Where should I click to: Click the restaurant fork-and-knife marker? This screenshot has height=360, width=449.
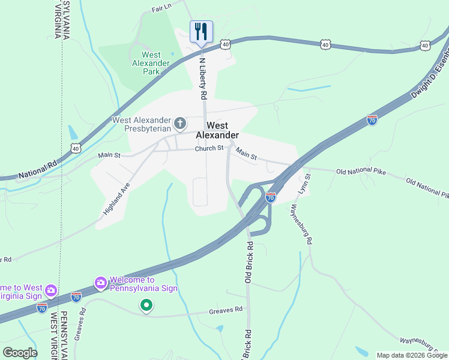click(x=200, y=32)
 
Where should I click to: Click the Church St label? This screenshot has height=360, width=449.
click(x=209, y=148)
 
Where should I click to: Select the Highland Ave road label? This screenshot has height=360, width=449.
click(x=116, y=199)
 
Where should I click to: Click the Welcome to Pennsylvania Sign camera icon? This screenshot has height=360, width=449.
click(x=100, y=282)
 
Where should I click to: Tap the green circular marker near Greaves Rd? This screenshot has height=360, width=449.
click(x=146, y=306)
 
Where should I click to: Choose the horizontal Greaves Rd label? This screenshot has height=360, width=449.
click(x=226, y=310)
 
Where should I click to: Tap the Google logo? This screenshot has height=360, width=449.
click(x=20, y=352)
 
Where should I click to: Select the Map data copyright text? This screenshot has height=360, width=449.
click(x=411, y=355)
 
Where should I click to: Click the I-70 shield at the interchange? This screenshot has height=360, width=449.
click(x=271, y=196)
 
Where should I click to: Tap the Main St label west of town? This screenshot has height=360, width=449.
click(x=109, y=155)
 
